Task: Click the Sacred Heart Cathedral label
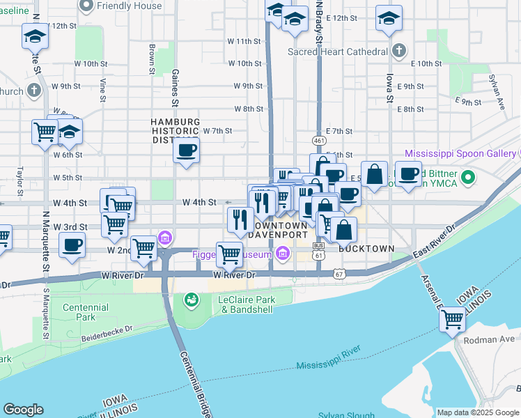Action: coord(338,52)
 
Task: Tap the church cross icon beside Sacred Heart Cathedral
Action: coord(398,51)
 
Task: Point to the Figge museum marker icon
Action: coord(282,254)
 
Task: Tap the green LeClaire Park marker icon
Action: coord(189,300)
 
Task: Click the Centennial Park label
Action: coord(85,312)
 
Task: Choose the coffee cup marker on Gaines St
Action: coord(186,150)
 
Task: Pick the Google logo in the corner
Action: coord(23,410)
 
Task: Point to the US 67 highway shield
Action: coord(339,274)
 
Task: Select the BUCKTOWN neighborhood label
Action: coord(366,249)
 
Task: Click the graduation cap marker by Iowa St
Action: coord(389,19)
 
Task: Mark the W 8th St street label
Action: coord(248,109)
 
